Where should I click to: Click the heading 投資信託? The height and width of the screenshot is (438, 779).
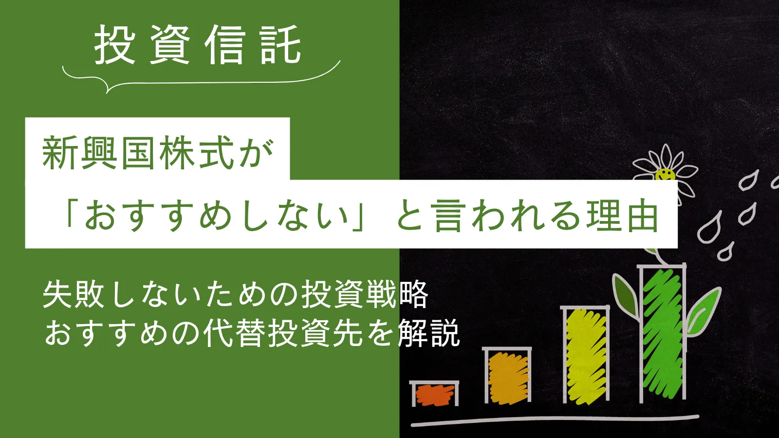coord(198,44)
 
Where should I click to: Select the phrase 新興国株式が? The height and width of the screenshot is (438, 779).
coord(158,152)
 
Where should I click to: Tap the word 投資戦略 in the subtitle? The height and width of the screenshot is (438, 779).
coord(365,295)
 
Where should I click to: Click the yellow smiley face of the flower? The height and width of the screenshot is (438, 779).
coord(665,175)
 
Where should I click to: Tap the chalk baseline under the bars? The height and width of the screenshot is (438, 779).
coord(555,420)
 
